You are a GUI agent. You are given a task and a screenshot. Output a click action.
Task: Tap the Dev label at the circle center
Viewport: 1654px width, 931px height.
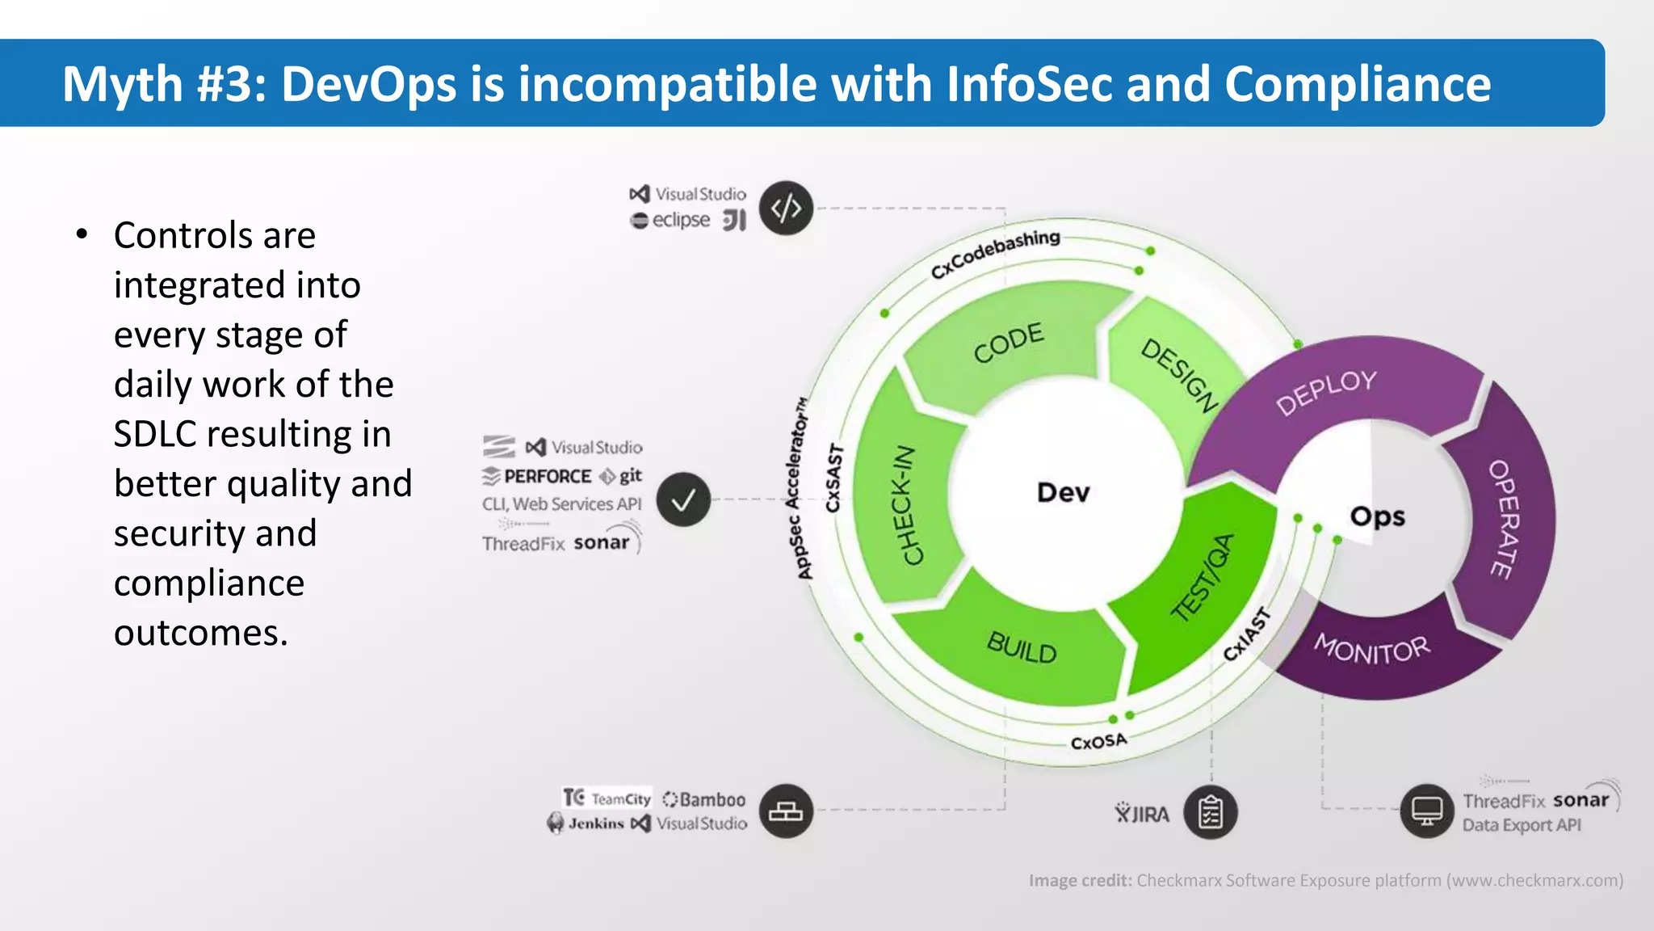(x=1063, y=492)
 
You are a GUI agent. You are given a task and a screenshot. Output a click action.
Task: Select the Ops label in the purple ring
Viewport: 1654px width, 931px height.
(x=1377, y=516)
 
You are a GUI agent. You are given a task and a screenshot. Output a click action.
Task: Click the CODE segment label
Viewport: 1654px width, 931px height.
(x=1008, y=343)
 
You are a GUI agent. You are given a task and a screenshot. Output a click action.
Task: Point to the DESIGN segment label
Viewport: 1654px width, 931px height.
(x=1179, y=376)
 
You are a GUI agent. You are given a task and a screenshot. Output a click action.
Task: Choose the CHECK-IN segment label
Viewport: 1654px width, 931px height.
(x=909, y=505)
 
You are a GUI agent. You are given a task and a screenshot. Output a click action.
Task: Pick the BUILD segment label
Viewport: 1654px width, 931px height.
(x=1022, y=647)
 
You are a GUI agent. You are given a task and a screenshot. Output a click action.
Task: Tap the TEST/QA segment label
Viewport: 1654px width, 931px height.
(x=1203, y=577)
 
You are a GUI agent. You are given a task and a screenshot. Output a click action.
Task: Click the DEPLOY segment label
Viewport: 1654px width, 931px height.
(x=1326, y=391)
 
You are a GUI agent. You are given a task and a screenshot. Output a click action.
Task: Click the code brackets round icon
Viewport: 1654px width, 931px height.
(x=786, y=209)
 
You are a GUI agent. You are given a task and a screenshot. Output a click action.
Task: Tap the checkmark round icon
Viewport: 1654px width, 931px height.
(x=683, y=500)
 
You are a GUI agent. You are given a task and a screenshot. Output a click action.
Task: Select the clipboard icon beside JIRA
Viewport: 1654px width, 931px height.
(x=1210, y=812)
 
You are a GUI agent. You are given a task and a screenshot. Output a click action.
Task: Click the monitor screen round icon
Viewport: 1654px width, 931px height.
(x=1426, y=811)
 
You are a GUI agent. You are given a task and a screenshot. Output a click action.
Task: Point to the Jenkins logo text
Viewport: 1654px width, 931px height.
(x=595, y=824)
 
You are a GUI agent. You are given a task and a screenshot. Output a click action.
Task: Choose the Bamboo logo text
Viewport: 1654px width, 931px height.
(x=712, y=799)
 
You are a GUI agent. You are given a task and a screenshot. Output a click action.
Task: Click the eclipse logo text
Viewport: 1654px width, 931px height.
(x=681, y=220)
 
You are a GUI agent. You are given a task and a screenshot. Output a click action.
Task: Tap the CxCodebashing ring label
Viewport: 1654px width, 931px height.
(x=995, y=253)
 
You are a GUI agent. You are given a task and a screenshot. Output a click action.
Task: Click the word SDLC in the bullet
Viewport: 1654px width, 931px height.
(x=154, y=434)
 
